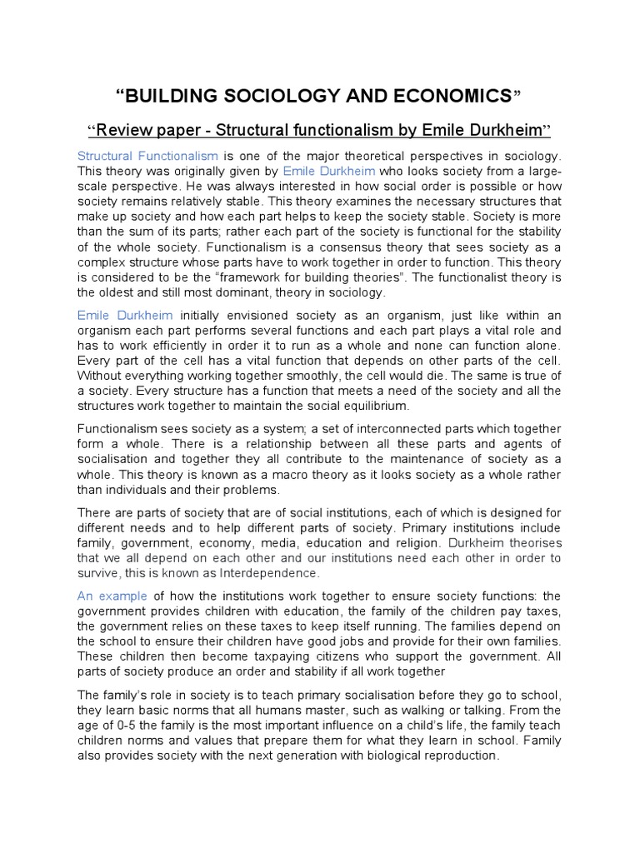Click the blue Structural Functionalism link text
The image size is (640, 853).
147,156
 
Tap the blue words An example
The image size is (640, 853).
112,596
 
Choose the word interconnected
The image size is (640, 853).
332,429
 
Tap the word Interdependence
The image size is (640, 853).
269,572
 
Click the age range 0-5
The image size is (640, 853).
113,726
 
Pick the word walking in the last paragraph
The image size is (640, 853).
411,711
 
